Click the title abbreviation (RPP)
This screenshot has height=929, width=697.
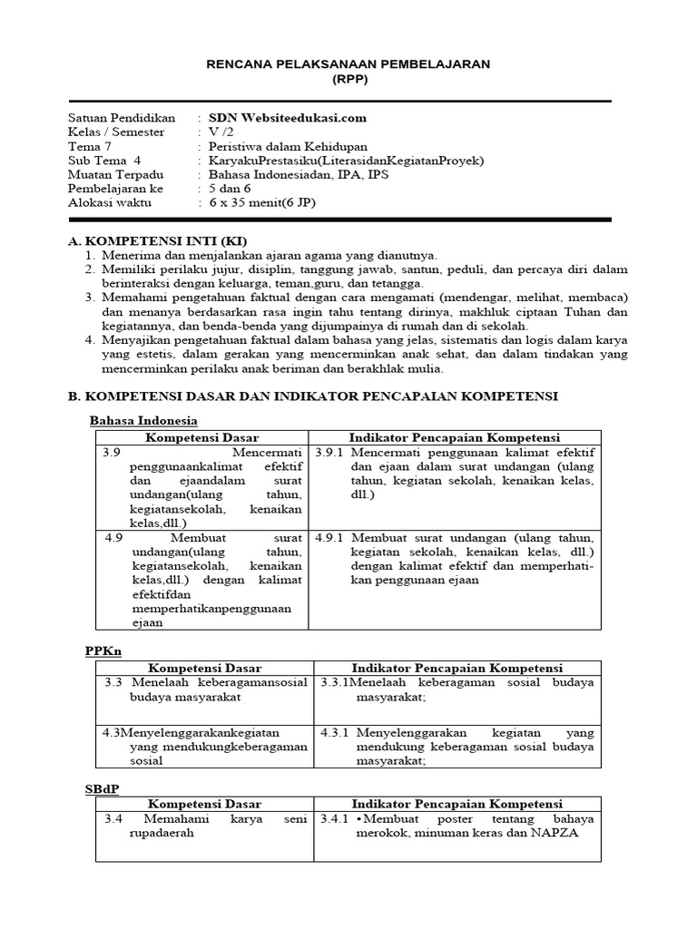click(348, 79)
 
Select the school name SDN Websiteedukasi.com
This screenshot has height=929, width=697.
click(288, 117)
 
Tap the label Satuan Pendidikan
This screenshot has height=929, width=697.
click(122, 117)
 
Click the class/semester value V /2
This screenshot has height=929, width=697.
click(221, 132)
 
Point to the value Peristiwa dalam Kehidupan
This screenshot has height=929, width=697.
click(289, 146)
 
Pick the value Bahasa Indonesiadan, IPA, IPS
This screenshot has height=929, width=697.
click(299, 174)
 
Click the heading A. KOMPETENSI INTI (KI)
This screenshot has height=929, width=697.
click(158, 241)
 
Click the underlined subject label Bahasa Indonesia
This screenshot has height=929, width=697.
click(142, 421)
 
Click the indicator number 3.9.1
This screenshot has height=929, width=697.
click(330, 452)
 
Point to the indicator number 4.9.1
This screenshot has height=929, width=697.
click(330, 536)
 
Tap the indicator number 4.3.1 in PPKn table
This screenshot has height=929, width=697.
click(334, 732)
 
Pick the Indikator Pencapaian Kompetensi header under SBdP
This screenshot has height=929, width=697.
click(456, 805)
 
